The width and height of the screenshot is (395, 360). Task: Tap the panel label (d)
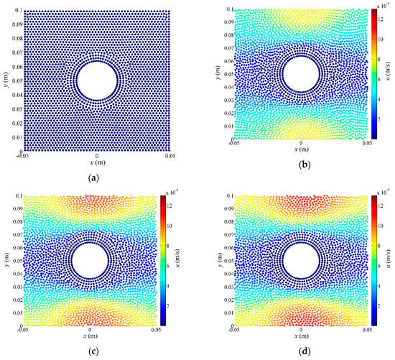click(x=301, y=351)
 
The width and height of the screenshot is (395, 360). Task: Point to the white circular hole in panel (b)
click(x=301, y=74)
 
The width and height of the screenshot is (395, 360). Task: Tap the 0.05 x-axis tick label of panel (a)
click(x=169, y=155)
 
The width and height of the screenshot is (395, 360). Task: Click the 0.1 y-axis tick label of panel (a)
click(x=17, y=11)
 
